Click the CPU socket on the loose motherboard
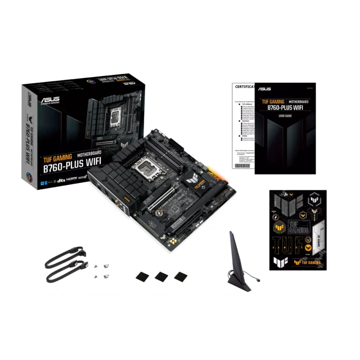146,168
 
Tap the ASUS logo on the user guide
265,89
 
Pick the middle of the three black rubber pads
161,277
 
